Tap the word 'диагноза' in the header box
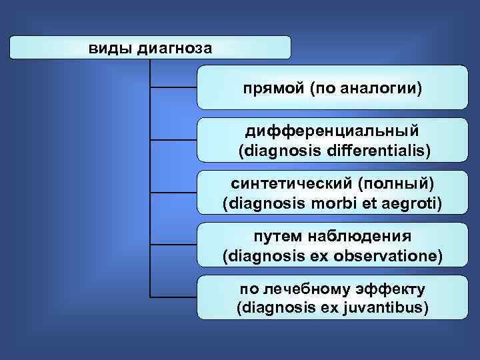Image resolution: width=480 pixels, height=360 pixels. (x=175, y=48)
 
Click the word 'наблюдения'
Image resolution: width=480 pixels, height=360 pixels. (x=361, y=237)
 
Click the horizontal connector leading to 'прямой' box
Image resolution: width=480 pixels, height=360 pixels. (x=174, y=87)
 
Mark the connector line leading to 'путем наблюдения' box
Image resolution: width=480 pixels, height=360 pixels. (x=174, y=245)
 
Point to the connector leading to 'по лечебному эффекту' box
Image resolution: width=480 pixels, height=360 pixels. (x=174, y=297)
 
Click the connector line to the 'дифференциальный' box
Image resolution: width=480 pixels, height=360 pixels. (x=174, y=140)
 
